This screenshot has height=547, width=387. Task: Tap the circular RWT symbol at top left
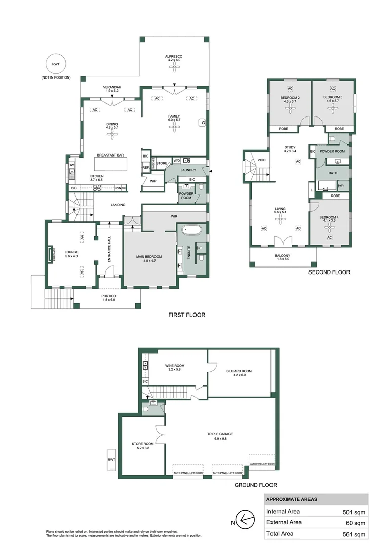(x=55, y=64)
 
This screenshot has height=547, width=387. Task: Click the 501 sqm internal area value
(x=354, y=512)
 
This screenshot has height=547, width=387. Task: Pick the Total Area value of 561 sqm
(x=354, y=534)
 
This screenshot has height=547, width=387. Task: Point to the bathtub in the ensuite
(x=191, y=230)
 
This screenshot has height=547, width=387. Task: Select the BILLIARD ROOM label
(x=239, y=371)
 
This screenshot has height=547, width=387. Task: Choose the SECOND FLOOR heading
(x=329, y=272)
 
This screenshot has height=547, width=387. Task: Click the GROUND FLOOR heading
(x=255, y=485)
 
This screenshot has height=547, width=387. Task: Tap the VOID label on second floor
(x=262, y=160)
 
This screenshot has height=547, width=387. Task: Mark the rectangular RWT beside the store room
(x=111, y=460)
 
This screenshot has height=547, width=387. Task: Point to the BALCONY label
(x=283, y=256)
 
